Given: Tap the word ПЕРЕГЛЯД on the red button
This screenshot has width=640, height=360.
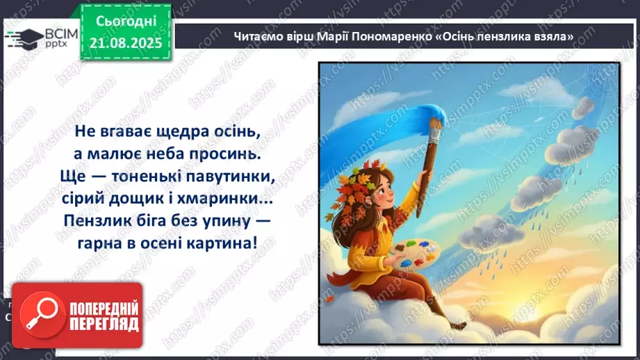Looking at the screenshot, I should coord(104,325).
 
